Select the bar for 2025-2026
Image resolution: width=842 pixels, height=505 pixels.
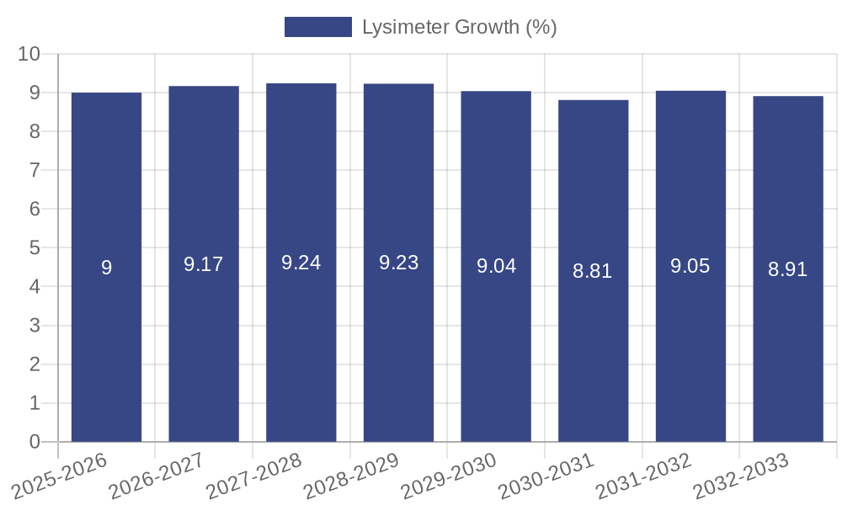point(106,267)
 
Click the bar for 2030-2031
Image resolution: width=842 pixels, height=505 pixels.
point(593,270)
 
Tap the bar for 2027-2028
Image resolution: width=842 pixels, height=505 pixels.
point(301,263)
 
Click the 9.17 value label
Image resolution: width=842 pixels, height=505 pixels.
point(204,264)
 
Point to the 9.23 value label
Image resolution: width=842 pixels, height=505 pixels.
point(398,263)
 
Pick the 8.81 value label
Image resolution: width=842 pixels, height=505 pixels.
point(593,271)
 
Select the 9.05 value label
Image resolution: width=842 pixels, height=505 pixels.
point(690,266)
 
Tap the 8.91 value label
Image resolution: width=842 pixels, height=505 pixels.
point(787,269)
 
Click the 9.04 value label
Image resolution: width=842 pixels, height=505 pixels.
point(496,266)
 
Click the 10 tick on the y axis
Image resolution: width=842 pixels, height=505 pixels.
point(29,54)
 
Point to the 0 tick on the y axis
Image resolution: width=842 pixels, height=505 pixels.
point(35,442)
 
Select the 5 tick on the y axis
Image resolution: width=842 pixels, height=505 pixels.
point(35,248)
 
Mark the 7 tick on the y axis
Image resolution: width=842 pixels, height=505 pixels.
point(35,170)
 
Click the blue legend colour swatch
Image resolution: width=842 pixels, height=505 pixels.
point(317,27)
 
